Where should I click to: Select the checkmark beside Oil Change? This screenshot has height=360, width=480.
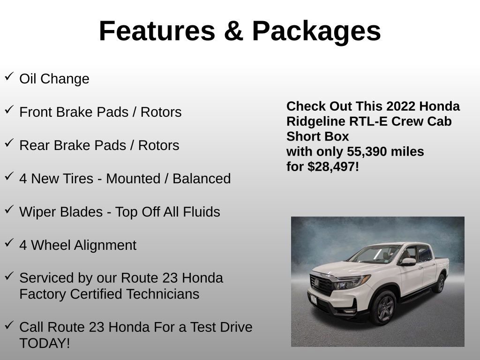[9, 76]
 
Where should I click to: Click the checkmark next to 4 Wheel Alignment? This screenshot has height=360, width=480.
[9, 243]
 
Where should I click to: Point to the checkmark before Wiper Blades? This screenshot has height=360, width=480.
[9, 210]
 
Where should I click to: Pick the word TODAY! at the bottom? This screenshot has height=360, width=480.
[45, 343]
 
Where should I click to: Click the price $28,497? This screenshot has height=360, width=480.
[333, 166]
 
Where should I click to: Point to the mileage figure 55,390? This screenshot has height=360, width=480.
[366, 152]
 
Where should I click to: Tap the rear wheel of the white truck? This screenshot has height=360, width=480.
[440, 283]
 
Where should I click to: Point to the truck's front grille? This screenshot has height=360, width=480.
[322, 285]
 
